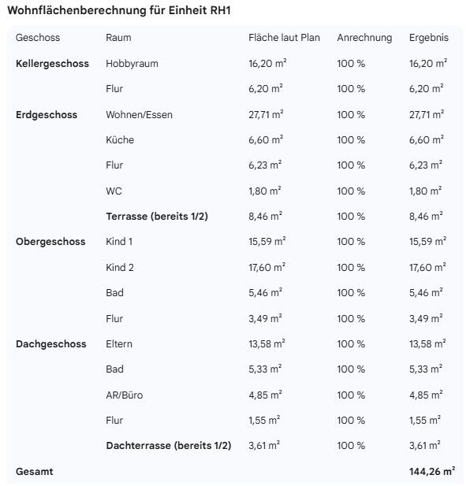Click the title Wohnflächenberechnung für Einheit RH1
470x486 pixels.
(119, 11)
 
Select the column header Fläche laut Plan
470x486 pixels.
(284, 38)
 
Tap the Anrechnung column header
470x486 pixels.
(364, 38)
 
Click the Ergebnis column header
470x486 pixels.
(428, 38)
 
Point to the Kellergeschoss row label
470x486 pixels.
(52, 64)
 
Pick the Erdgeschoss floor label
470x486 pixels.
(47, 115)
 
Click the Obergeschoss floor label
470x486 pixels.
(50, 242)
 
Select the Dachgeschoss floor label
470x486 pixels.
(50, 343)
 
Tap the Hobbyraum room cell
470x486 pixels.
(132, 64)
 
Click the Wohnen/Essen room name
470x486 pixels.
(139, 115)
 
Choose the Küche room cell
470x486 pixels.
(120, 140)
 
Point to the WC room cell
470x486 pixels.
(114, 191)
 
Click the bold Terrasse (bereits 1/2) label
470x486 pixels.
(162, 216)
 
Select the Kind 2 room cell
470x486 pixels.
(120, 267)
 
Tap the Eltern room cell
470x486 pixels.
(119, 343)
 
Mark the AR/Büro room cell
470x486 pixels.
(125, 395)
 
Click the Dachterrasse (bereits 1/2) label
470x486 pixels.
(168, 446)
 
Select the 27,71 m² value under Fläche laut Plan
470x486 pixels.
(266, 115)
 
